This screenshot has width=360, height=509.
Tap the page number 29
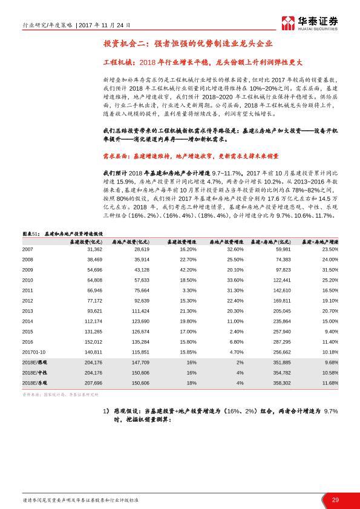[335, 499]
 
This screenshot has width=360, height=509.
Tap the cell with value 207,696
[94, 383]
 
